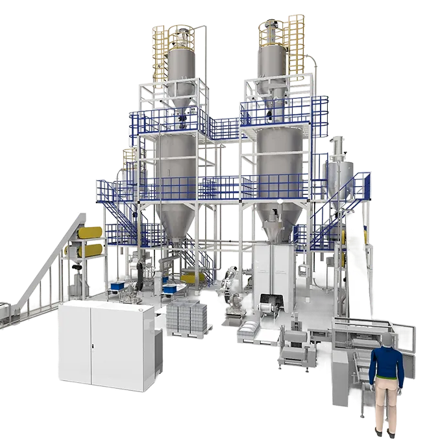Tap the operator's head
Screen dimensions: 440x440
pyautogui.click(x=387, y=341)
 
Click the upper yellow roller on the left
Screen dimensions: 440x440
pyautogui.click(x=91, y=230)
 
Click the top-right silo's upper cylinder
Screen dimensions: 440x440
pyautogui.click(x=273, y=62)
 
